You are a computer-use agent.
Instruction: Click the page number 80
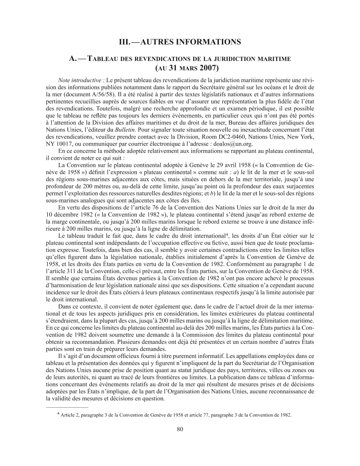click(180, 429)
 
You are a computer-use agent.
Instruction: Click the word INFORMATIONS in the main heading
click(208, 42)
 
